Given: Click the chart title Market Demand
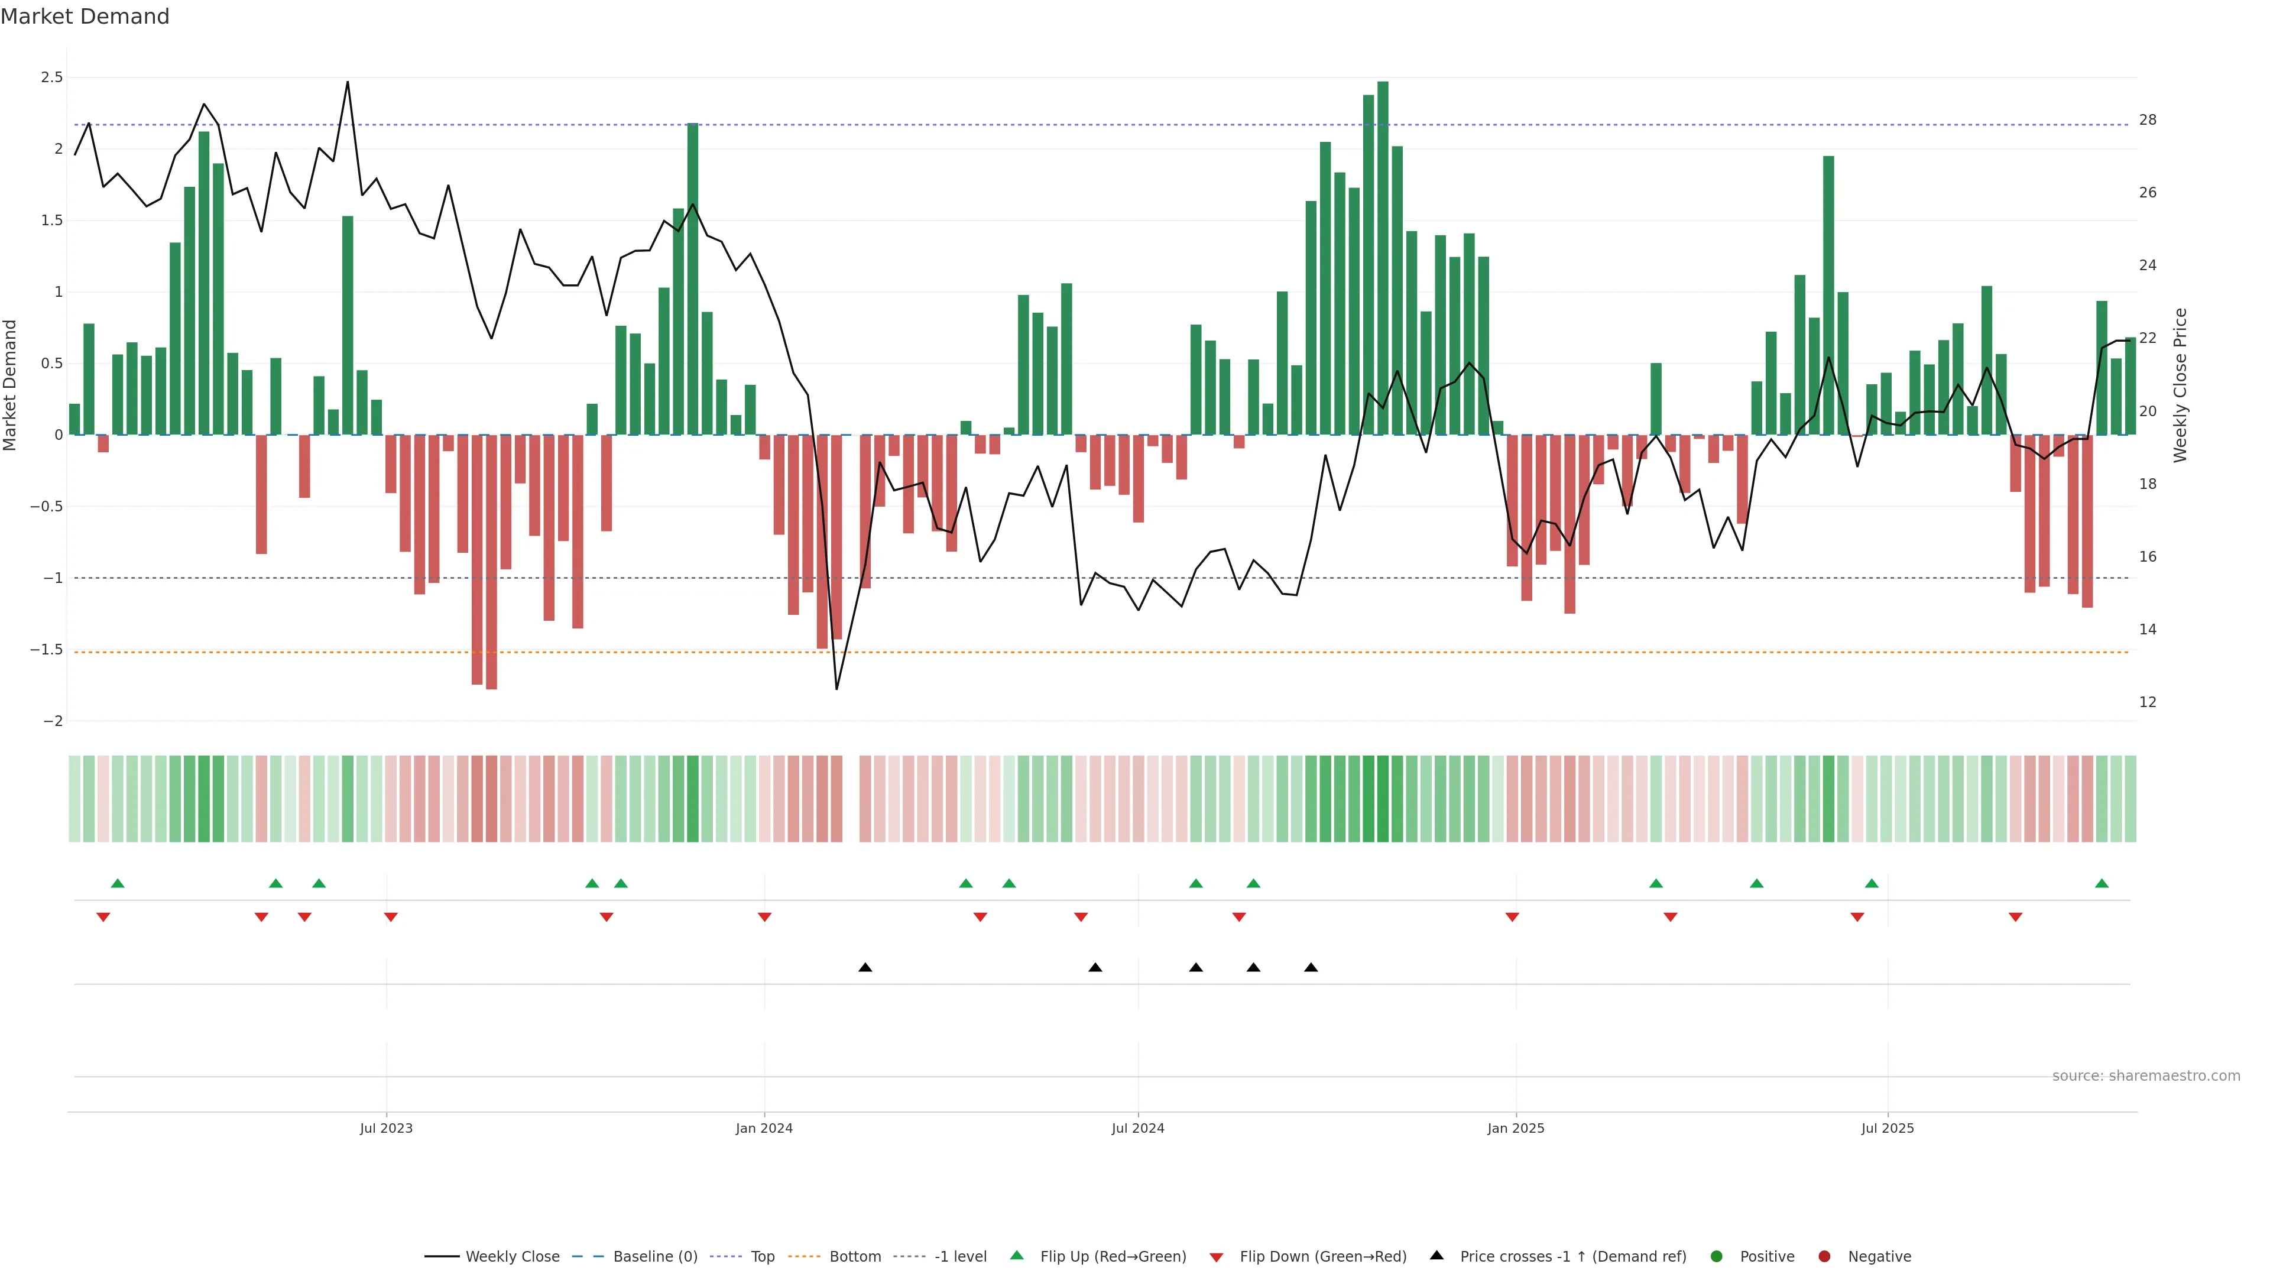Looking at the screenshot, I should [85, 17].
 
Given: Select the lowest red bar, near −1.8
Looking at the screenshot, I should [491, 564].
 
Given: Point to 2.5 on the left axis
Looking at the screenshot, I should [52, 77].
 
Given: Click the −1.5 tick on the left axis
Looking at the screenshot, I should [46, 650].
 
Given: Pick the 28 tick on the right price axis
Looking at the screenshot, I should [2148, 120].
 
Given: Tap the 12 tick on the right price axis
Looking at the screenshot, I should [2148, 702].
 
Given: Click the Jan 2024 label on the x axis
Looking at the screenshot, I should [764, 1128].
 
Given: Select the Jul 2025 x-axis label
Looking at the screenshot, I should [1888, 1128].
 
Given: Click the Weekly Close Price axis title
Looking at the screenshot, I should [2180, 385].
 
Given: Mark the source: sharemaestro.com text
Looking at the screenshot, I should [2146, 1076].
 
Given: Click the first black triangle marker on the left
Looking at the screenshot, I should [865, 968].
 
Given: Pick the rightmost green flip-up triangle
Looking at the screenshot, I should [2102, 883].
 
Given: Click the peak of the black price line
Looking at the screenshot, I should [347, 82].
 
